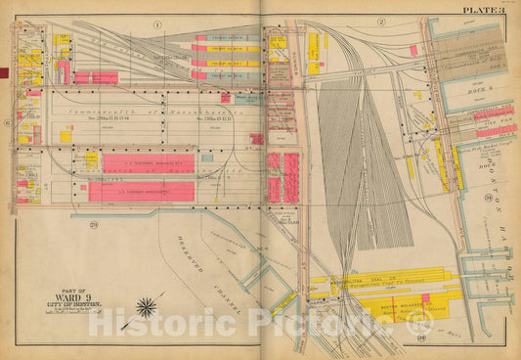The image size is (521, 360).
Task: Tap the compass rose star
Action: [x=148, y=308]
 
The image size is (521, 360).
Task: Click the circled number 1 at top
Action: [x=157, y=22]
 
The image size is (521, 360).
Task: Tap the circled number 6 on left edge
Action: [x=8, y=123]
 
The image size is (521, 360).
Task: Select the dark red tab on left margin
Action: [x=4, y=69]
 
